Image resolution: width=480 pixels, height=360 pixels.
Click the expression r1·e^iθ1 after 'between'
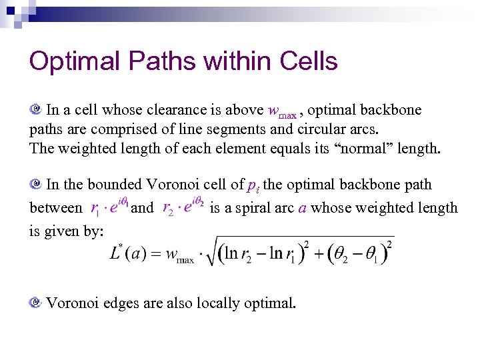pos(109,208)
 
